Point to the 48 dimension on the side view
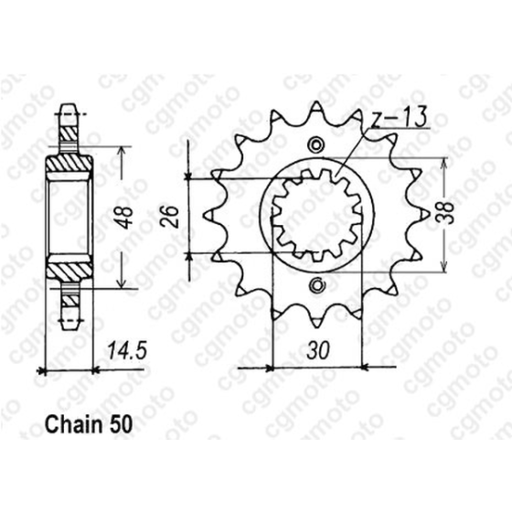pyautogui.click(x=128, y=219)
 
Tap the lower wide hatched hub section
pyautogui.click(x=69, y=268)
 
